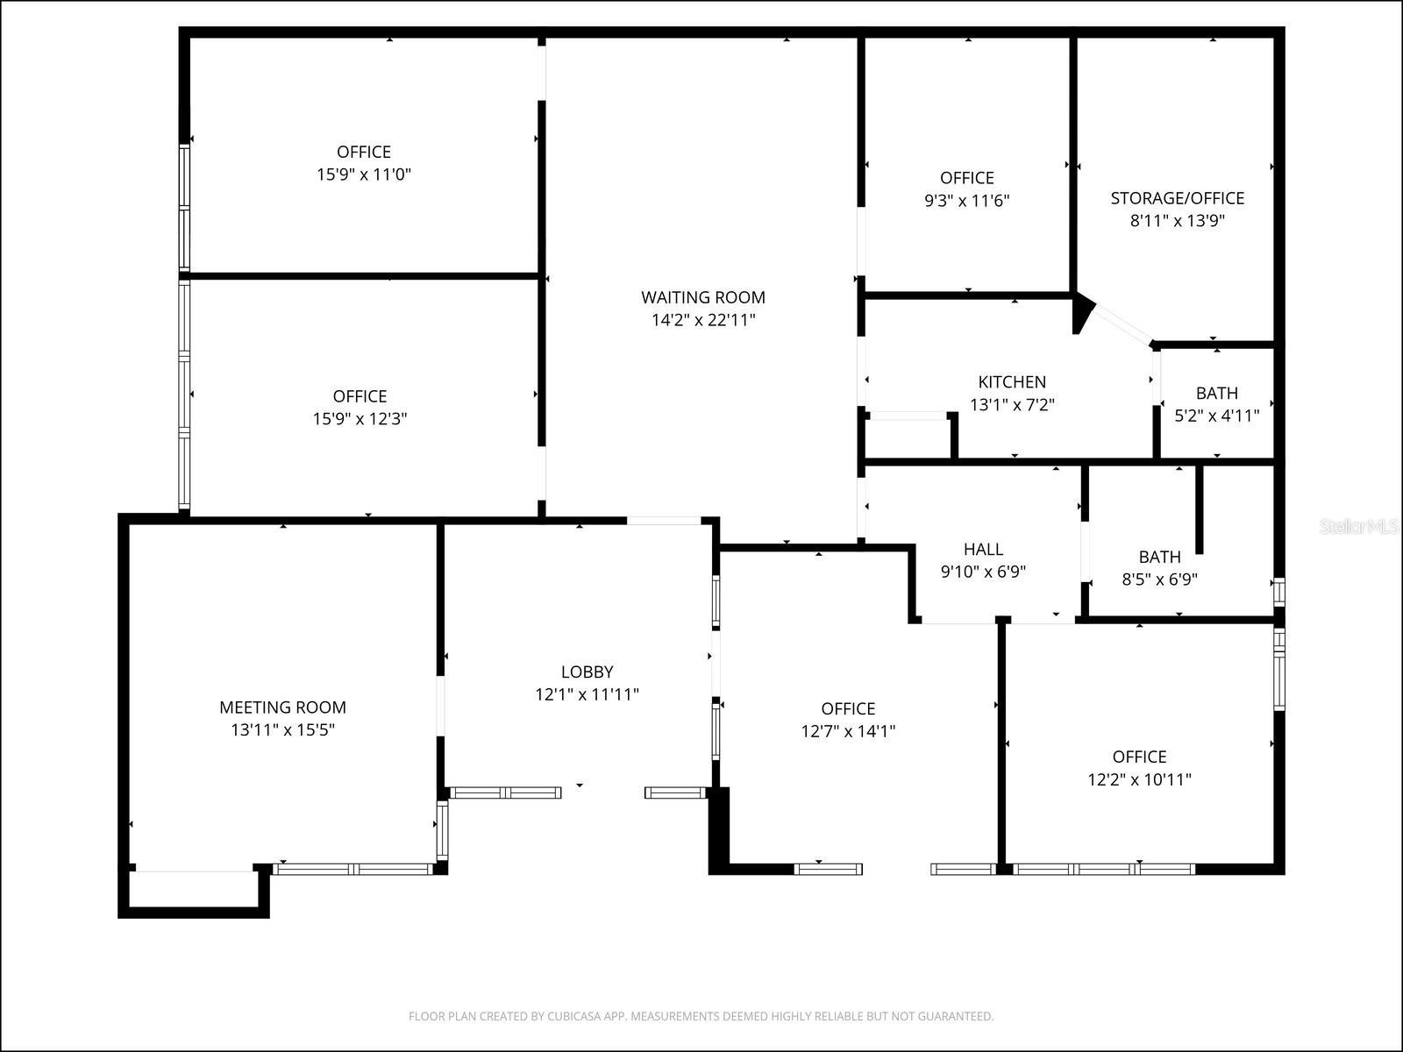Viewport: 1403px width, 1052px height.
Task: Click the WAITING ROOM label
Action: click(x=702, y=297)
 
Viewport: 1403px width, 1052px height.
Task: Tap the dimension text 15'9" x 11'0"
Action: click(x=363, y=174)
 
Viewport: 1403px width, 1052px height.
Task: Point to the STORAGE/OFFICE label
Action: click(x=1177, y=198)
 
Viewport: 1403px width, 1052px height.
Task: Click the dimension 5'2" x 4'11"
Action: click(x=1216, y=416)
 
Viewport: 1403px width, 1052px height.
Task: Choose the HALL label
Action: click(x=983, y=550)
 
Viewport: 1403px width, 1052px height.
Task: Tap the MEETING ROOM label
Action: click(x=282, y=707)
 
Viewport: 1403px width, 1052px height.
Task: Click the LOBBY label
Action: click(x=587, y=672)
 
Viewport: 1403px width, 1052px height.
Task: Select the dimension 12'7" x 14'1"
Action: click(x=848, y=732)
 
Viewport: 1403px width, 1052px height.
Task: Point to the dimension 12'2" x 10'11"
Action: click(x=1139, y=779)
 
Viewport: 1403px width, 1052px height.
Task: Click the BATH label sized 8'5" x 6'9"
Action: click(x=1159, y=557)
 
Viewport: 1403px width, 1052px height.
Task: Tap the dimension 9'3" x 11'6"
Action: click(x=966, y=201)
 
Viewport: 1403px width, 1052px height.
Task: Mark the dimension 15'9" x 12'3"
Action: click(x=360, y=419)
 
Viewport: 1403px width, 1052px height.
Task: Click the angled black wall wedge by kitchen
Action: click(x=1082, y=312)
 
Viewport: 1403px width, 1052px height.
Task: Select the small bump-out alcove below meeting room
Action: click(x=194, y=889)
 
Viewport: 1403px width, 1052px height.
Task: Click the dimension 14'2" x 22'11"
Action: click(x=702, y=320)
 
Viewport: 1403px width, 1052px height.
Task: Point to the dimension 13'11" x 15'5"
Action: click(x=282, y=730)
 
